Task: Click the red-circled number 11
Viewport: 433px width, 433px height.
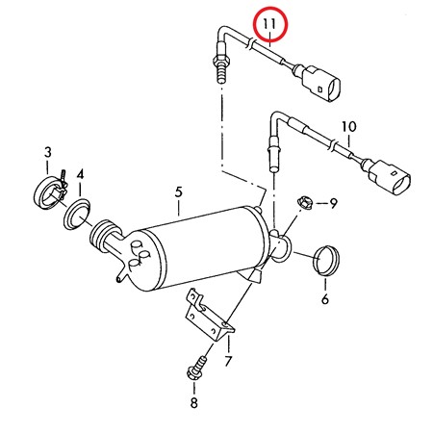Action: click(x=269, y=22)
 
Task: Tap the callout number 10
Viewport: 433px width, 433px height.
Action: click(x=348, y=126)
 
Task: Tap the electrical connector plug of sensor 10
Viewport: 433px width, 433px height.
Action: click(x=387, y=176)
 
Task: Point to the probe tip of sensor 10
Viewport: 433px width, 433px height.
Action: click(x=270, y=150)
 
